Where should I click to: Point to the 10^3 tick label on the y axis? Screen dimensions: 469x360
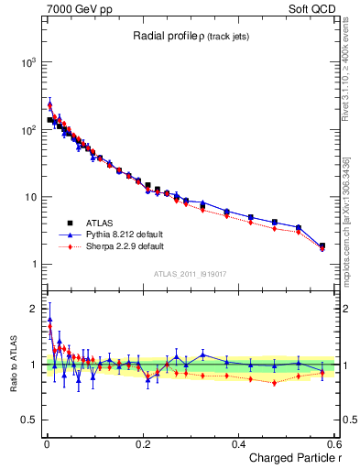28,62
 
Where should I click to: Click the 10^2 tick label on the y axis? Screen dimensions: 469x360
28,130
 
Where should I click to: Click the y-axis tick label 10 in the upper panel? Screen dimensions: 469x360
30,198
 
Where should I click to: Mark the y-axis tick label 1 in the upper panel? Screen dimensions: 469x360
34,266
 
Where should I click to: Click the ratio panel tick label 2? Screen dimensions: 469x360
34,308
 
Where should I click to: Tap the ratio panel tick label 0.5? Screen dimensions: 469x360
29,420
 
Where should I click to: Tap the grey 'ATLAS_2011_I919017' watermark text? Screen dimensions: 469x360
190,274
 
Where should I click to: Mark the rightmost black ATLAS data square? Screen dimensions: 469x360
322,245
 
